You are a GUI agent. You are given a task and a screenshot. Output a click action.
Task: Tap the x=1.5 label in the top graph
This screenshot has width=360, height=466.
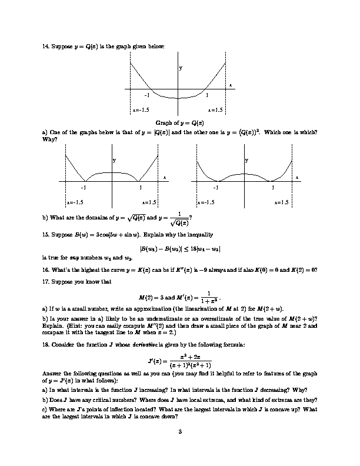pos(215,109)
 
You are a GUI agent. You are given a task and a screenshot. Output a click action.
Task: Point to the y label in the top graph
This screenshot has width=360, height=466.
pos(181,68)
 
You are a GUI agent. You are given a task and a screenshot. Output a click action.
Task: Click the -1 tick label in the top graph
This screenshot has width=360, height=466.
pos(147,95)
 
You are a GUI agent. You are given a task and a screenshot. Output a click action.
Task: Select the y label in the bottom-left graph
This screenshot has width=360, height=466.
pos(114,160)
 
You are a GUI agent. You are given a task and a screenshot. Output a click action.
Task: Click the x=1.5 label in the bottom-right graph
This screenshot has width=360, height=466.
pos(282,202)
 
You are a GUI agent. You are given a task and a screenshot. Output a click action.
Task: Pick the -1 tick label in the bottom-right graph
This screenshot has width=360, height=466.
pos(215,188)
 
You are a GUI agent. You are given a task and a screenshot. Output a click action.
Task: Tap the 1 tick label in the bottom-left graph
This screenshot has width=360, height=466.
pos(141,188)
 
